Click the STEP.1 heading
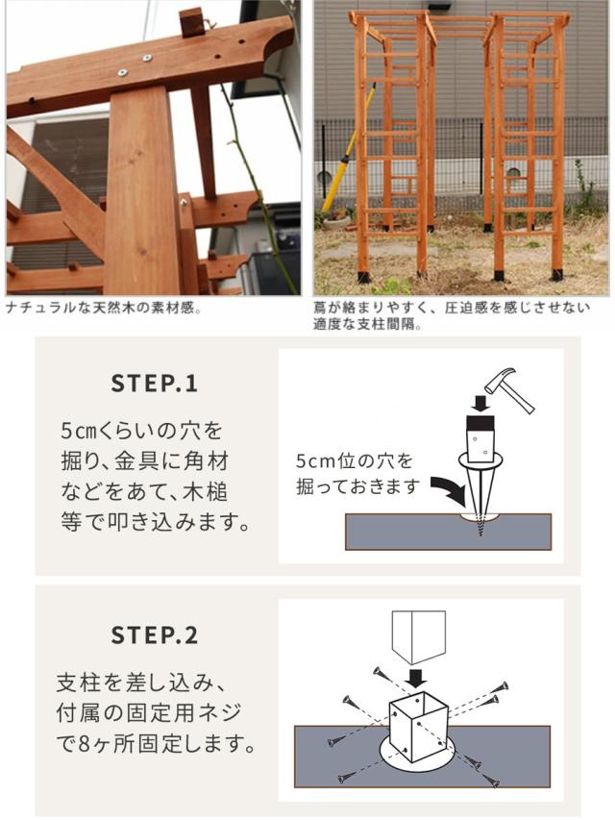click(155, 384)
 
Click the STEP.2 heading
click(155, 634)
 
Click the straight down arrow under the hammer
click(480, 403)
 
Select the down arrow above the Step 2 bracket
click(417, 679)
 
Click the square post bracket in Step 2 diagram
click(418, 727)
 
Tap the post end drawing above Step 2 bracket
click(418, 636)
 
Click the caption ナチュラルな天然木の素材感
click(104, 308)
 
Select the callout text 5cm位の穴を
click(354, 460)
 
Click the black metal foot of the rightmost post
click(560, 274)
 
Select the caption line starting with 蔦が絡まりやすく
click(452, 308)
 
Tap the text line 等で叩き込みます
click(155, 522)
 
